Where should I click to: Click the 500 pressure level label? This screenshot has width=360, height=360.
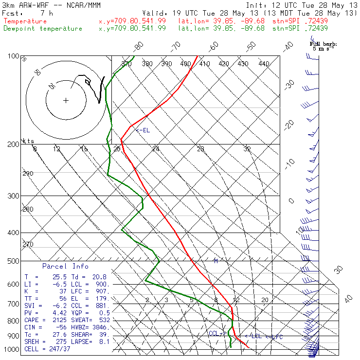coord(13,262)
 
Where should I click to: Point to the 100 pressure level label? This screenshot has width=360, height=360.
coord(13,56)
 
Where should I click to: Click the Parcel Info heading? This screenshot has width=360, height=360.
coord(65,266)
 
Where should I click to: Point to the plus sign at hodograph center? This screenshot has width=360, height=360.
coord(66,101)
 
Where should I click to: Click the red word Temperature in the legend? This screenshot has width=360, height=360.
coord(25,21)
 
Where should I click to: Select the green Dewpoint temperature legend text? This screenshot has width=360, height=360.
coord(43,29)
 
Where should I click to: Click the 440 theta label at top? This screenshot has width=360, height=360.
coord(264,64)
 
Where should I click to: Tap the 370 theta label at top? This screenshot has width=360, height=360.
coord(127,64)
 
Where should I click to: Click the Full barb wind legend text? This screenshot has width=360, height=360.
coord(323,44)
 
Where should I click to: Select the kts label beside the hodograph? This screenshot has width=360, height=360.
coord(28,141)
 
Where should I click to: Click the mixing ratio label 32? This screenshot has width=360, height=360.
coord(247,149)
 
